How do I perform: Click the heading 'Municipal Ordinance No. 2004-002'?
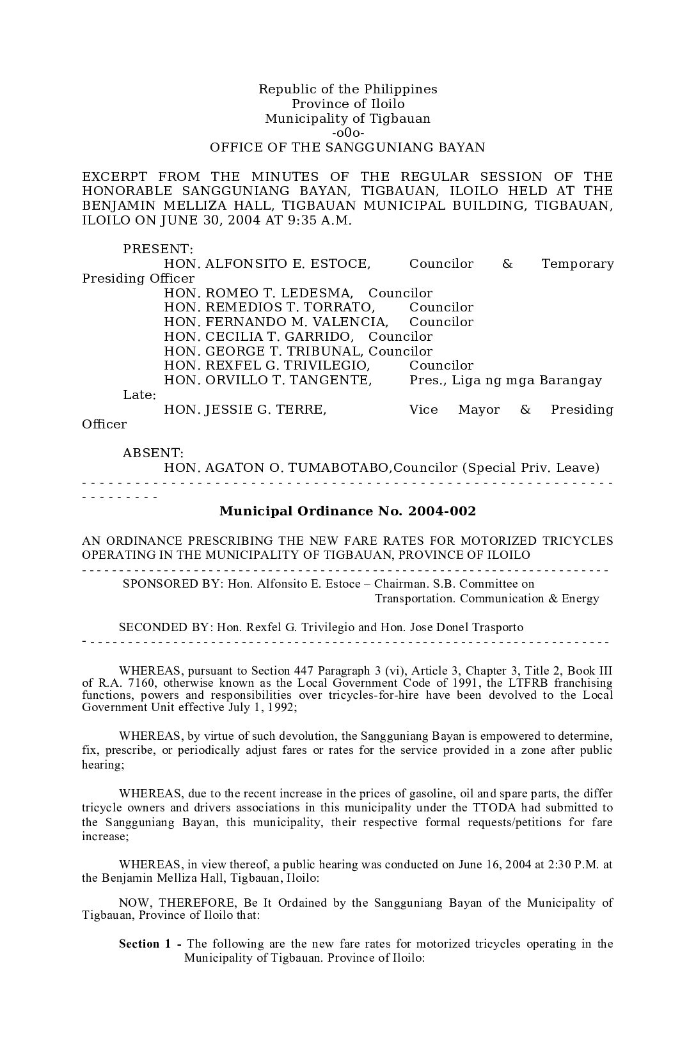coord(347,512)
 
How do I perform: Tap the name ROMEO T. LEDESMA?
coord(278,293)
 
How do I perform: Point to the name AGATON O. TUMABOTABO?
coord(297,468)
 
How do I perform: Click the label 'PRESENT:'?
coord(158,249)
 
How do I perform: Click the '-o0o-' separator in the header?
coord(348,133)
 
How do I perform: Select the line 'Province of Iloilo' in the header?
coord(348,104)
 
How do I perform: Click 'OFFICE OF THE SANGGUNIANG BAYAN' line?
coord(347,148)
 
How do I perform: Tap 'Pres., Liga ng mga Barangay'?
coord(505,380)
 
